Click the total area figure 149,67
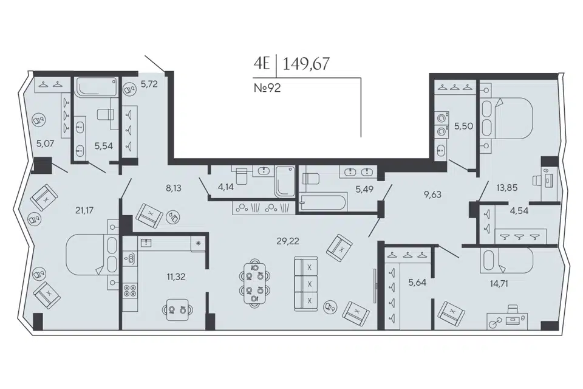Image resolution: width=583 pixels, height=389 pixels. tap(306, 64)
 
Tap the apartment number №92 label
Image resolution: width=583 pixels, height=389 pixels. tap(267, 88)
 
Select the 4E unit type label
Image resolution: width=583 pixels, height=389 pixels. tap(261, 63)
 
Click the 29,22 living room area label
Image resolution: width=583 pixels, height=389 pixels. tap(288, 241)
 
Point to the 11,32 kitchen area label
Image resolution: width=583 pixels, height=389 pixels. tap(176, 277)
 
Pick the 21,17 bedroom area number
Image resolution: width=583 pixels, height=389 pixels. tap(84, 210)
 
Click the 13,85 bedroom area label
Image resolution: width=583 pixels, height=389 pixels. tap(506, 188)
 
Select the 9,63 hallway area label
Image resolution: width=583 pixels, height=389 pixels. tap(433, 194)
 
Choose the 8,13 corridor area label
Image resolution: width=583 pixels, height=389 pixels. tap(174, 188)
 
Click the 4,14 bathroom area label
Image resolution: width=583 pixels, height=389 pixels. tap(226, 187)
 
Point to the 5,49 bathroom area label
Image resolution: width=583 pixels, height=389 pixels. tap(364, 189)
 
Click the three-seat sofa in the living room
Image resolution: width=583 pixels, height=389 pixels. tap(306, 284)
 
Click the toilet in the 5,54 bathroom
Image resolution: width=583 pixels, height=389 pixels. tap(105, 114)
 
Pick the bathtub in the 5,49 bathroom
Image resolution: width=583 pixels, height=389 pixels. tap(322, 203)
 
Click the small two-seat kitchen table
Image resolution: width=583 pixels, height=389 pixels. tap(177, 309)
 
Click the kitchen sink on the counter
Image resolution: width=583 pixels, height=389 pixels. tap(147, 243)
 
